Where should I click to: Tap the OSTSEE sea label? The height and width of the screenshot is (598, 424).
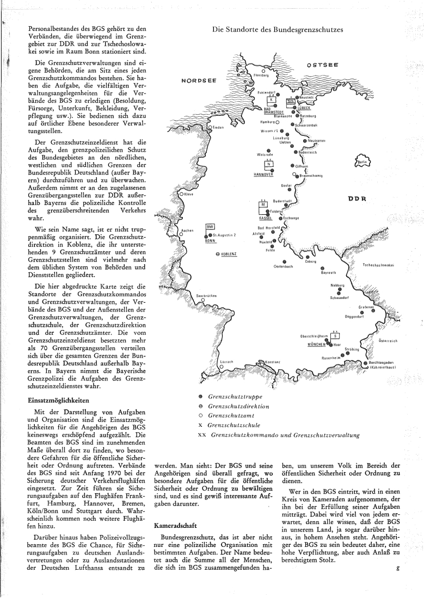click(x=322, y=65)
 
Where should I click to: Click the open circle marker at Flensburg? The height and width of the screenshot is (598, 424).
click(x=263, y=70)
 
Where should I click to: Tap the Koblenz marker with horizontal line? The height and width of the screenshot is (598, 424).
click(x=218, y=253)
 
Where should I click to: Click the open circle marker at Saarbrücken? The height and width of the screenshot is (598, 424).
click(x=202, y=300)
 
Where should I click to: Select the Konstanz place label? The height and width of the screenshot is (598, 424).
click(x=272, y=362)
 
